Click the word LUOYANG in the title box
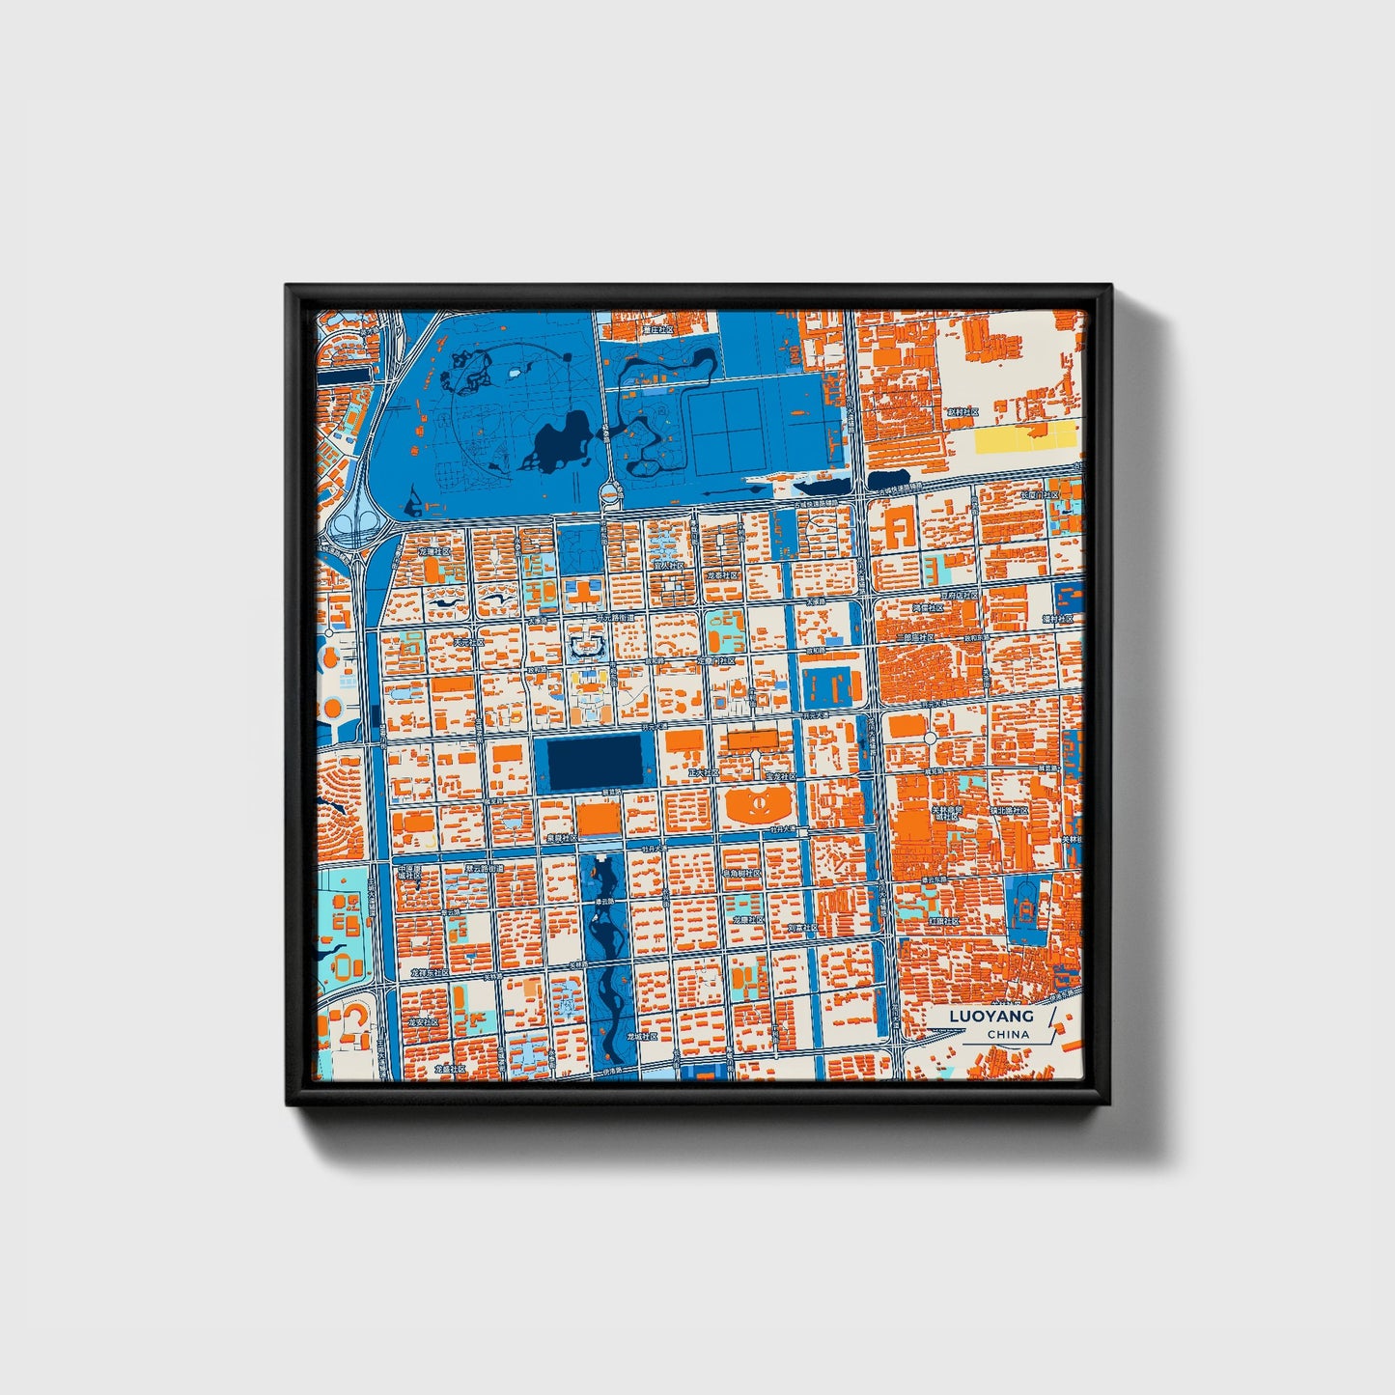tap(990, 1016)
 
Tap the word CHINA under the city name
tap(1008, 1034)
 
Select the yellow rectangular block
tap(1025, 437)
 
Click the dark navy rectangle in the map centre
tap(595, 759)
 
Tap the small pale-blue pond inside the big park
tap(515, 371)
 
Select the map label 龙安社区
tap(422, 1020)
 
